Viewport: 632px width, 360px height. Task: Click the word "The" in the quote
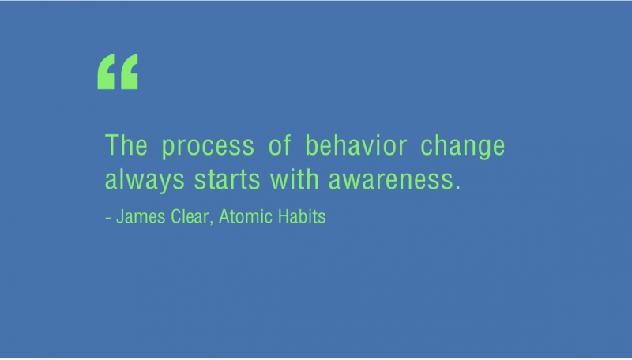(x=126, y=145)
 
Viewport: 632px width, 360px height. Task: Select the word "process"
(x=208, y=148)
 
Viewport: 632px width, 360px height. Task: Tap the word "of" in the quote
(x=280, y=145)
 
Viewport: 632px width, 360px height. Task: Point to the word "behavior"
(x=356, y=145)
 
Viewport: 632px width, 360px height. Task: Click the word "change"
(x=463, y=147)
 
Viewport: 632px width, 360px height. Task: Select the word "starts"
(x=228, y=180)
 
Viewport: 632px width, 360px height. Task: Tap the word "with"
(x=295, y=178)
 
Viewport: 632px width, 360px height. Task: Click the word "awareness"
(x=392, y=181)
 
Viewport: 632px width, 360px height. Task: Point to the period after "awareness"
(x=457, y=187)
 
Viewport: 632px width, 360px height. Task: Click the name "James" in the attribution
(x=141, y=216)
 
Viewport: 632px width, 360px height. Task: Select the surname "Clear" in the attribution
(x=190, y=216)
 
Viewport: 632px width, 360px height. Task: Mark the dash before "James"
(x=108, y=219)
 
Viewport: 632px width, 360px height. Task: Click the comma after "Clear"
(x=211, y=223)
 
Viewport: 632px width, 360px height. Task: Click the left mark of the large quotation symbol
(x=106, y=72)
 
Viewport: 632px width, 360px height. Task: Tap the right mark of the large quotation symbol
(x=130, y=72)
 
